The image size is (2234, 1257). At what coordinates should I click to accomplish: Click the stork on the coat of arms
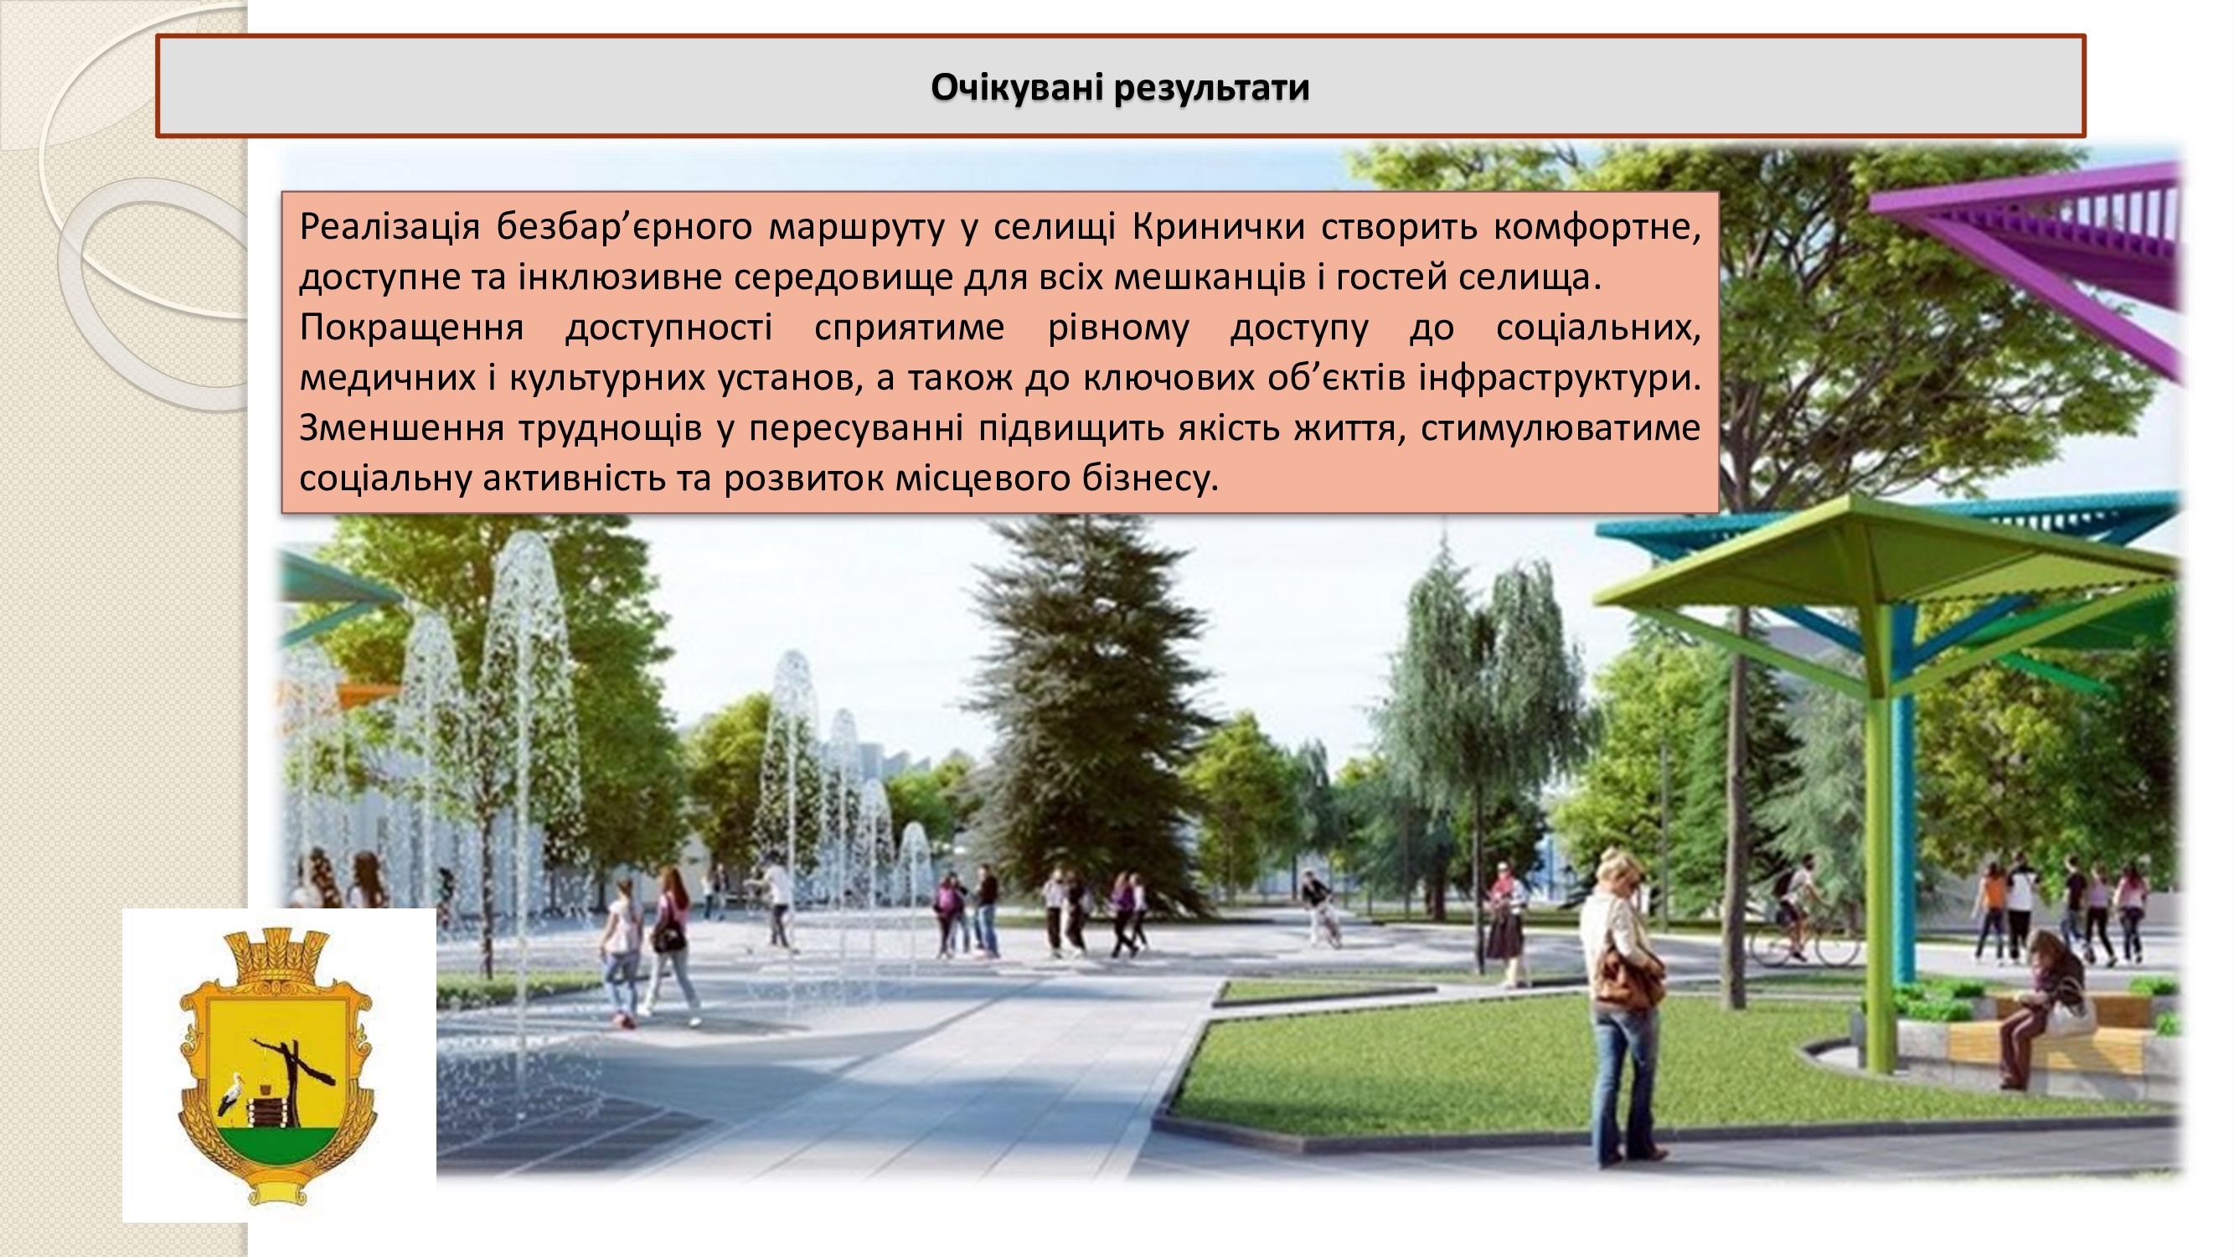(x=231, y=1094)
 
